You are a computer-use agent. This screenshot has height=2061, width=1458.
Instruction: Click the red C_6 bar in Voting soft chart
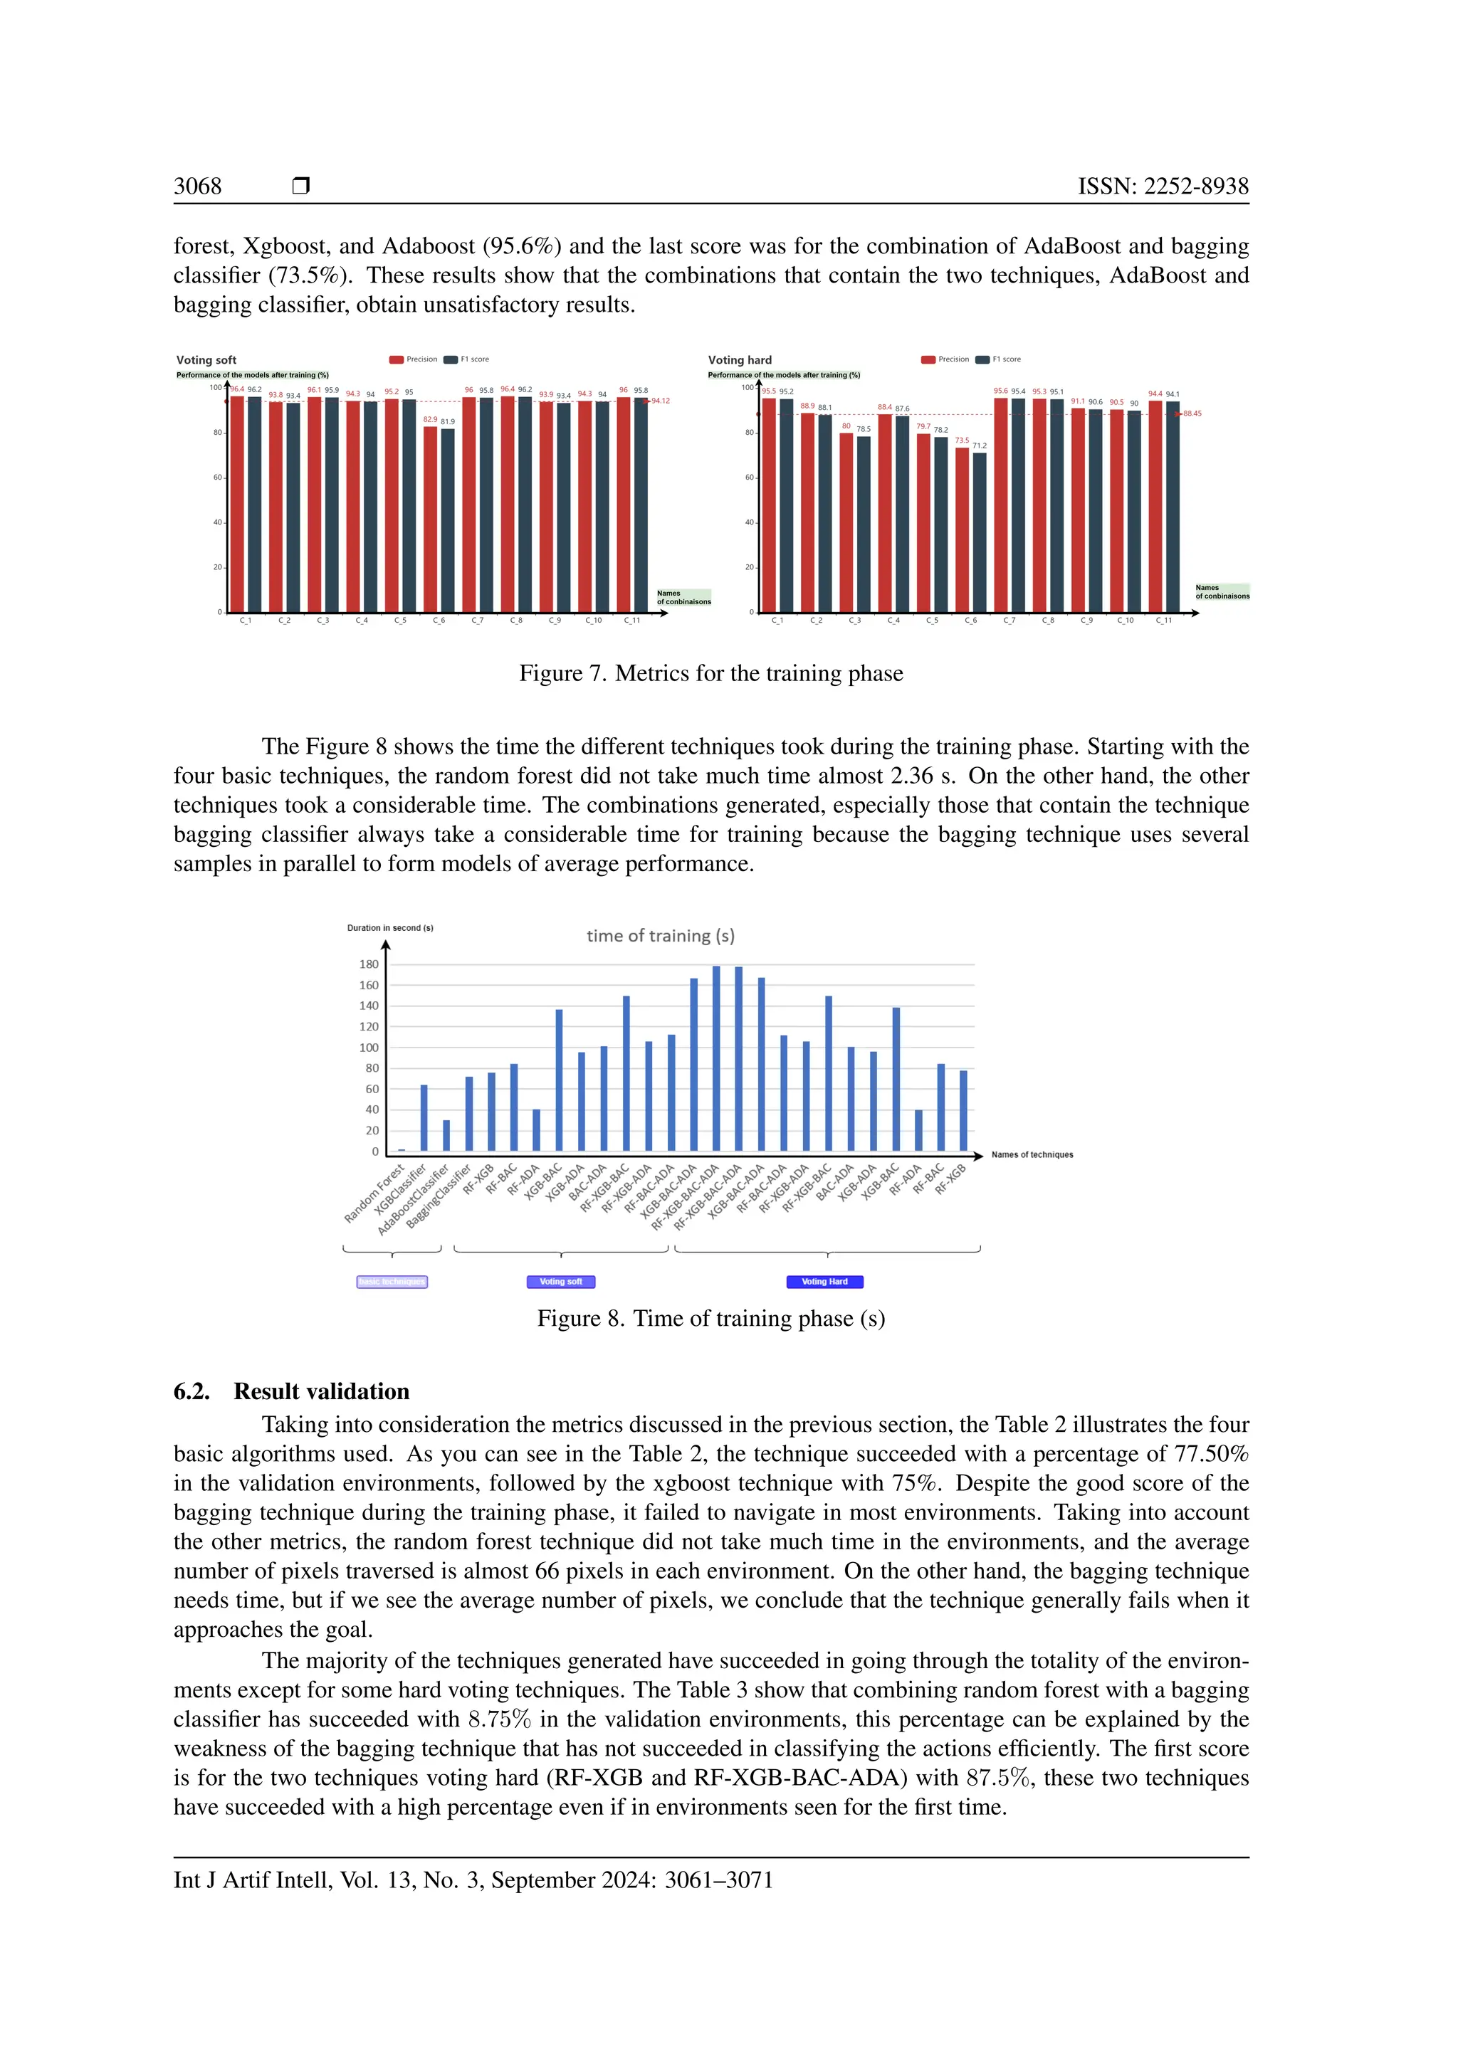pos(431,521)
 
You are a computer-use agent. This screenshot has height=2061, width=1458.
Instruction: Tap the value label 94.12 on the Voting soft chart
pos(661,401)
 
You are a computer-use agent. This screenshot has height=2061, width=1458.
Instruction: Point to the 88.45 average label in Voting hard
pos(1192,413)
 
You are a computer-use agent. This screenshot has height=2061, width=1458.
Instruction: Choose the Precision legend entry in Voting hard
pos(945,359)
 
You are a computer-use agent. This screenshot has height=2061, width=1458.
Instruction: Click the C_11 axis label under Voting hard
pos(1163,621)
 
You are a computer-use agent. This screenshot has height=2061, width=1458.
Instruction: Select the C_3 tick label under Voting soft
pos(322,621)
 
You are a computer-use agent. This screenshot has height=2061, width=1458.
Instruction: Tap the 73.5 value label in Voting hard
pos(962,441)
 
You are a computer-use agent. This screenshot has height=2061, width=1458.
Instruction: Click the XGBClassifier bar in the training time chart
pos(424,1117)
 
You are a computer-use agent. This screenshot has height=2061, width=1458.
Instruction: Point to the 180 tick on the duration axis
pos(369,964)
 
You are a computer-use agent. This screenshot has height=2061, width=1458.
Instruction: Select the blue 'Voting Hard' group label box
pos(824,1282)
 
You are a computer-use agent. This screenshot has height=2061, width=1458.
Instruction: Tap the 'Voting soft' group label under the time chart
pos(561,1282)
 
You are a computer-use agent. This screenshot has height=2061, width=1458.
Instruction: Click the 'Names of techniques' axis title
pos(1032,1154)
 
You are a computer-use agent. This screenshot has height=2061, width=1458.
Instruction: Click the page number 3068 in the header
pos(197,186)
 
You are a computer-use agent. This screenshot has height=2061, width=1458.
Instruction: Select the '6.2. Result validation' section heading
pos(292,1391)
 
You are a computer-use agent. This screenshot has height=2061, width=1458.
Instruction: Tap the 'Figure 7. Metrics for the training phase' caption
pos(711,673)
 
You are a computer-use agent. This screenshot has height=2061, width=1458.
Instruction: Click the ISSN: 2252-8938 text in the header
pos(1163,186)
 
